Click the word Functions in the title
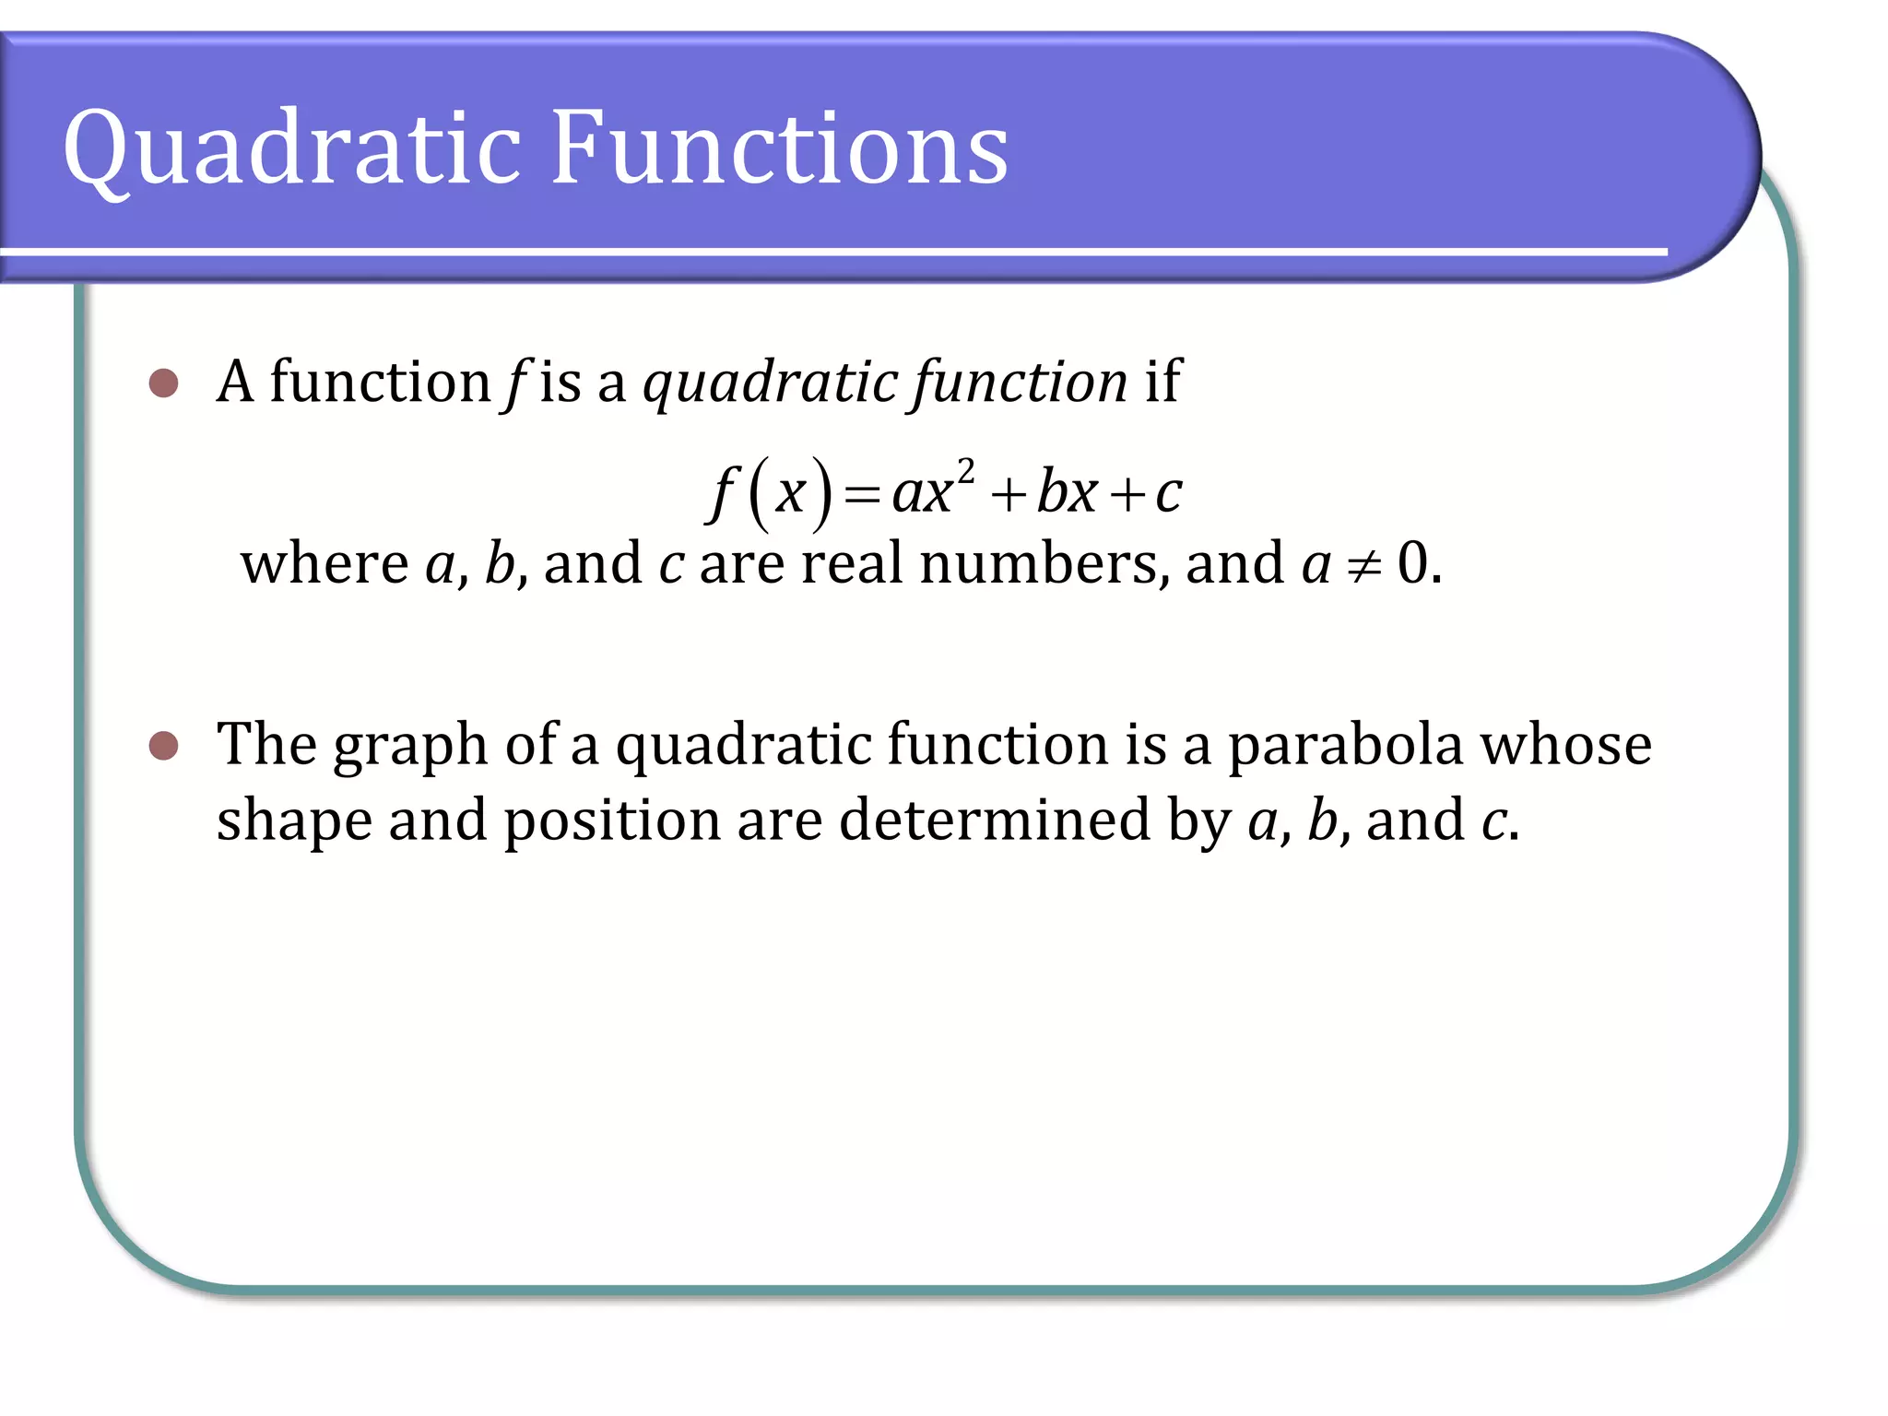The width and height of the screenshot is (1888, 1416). (x=779, y=147)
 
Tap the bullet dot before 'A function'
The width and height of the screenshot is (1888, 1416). (x=163, y=383)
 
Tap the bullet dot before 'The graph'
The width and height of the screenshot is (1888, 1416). (x=163, y=745)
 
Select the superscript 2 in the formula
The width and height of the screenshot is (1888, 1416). (x=965, y=472)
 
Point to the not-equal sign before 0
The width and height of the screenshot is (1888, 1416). (x=1363, y=565)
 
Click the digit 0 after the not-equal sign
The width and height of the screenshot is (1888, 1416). (x=1412, y=562)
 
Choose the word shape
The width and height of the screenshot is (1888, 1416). (x=294, y=820)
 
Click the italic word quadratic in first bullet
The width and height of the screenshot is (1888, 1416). (x=771, y=383)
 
